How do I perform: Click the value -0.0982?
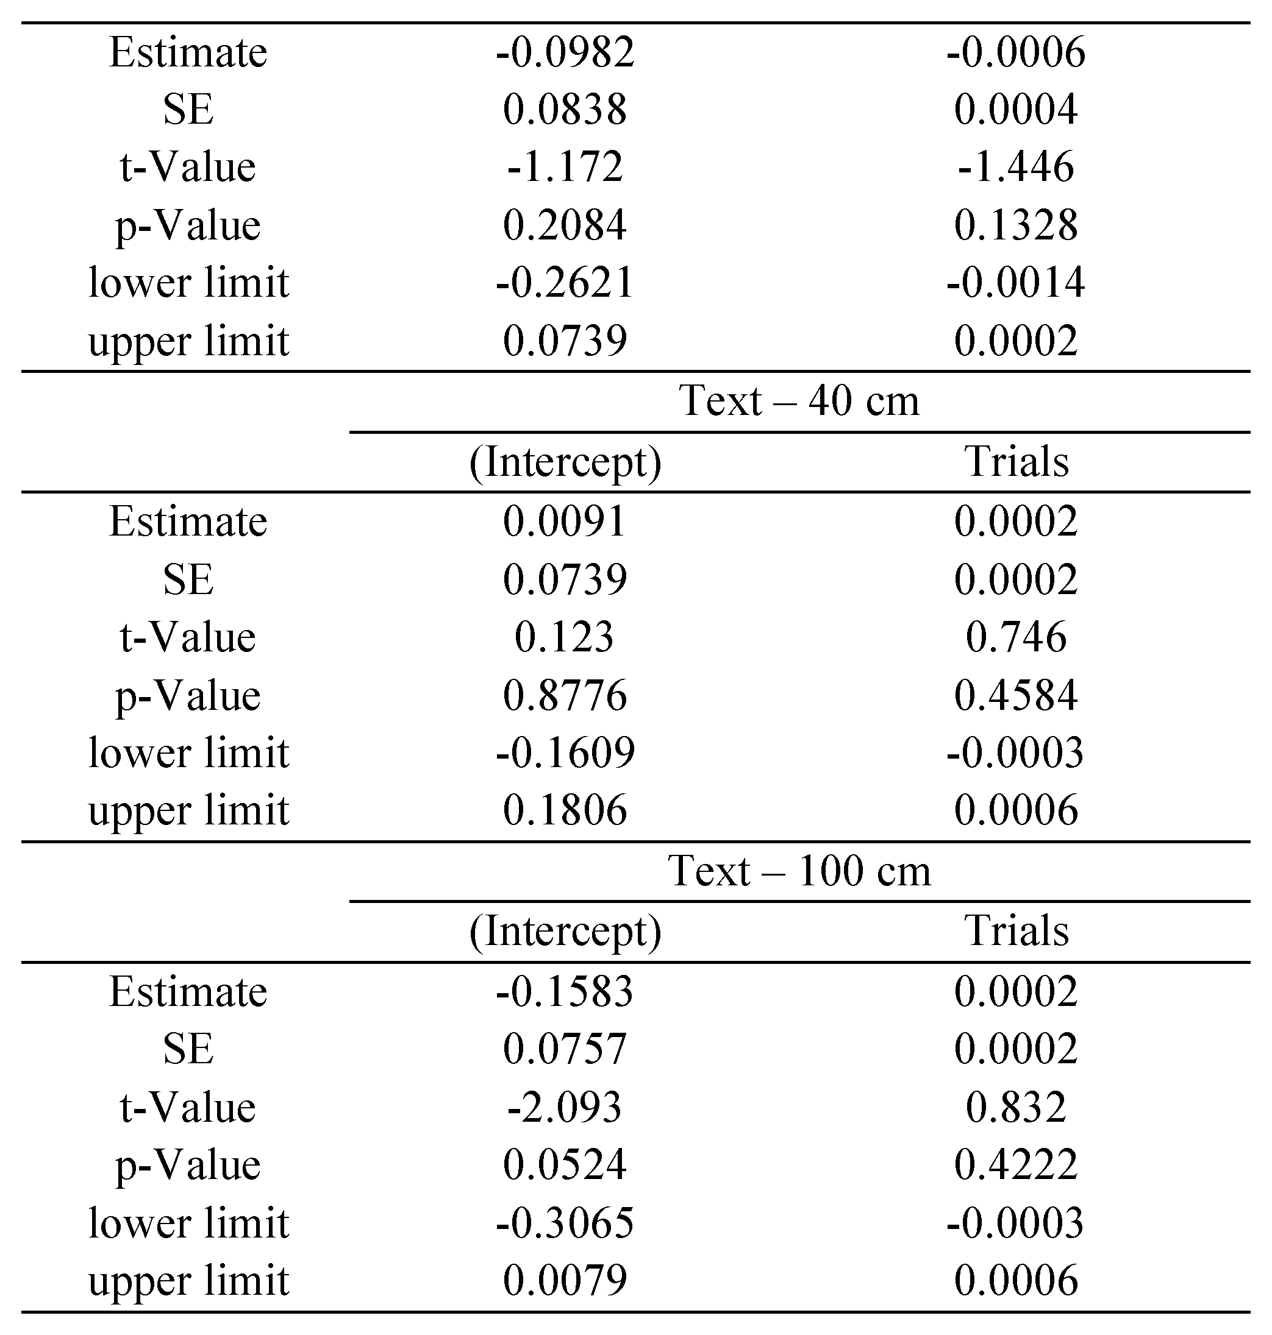click(x=565, y=52)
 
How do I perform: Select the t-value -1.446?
click(x=1016, y=167)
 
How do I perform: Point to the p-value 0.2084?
click(x=565, y=225)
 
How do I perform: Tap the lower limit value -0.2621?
click(x=565, y=283)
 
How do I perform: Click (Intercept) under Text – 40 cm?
click(x=565, y=462)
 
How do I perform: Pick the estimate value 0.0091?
click(x=565, y=522)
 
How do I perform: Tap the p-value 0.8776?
click(x=565, y=695)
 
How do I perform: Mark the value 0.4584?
click(x=1016, y=695)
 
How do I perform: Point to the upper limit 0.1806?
click(x=565, y=810)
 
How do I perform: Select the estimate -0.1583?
click(x=565, y=992)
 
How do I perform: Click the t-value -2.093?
click(x=565, y=1107)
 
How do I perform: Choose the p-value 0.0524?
click(x=565, y=1165)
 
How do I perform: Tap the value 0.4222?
click(x=1016, y=1165)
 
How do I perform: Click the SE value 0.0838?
click(x=565, y=110)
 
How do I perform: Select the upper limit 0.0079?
click(x=565, y=1281)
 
